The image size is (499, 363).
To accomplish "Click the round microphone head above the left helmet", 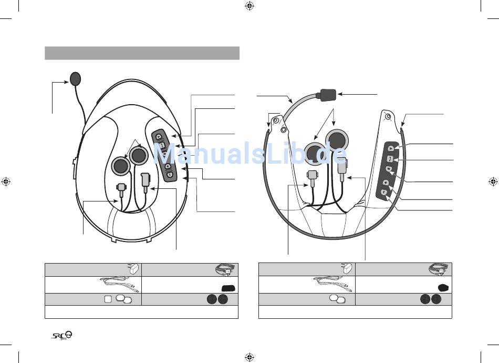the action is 76,78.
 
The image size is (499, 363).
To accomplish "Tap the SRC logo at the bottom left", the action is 62,336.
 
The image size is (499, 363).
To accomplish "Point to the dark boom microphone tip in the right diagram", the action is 328,95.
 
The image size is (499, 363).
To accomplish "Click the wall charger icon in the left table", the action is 134,269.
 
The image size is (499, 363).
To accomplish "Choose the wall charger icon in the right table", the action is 348,269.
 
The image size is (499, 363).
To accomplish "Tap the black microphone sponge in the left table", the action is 229,288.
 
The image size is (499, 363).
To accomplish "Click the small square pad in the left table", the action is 108,299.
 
